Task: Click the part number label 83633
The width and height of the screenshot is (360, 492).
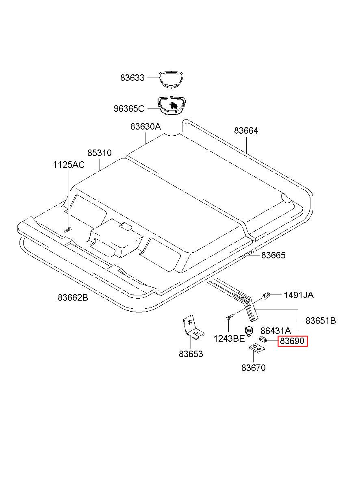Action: point(132,78)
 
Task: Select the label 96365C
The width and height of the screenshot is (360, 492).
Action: point(129,109)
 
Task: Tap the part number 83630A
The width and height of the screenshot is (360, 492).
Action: point(145,127)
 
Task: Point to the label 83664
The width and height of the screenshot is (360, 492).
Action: point(246,131)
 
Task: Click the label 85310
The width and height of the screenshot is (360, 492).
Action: point(99,153)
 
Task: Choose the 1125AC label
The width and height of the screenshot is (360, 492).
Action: point(69,165)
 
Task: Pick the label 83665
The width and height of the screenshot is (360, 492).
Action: point(273,256)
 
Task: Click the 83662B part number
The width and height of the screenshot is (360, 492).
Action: point(73,297)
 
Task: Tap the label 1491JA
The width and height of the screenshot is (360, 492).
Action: point(298,295)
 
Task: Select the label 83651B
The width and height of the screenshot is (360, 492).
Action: point(321,321)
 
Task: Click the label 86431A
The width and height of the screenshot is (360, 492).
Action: point(275,331)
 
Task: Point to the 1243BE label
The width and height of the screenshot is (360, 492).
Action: point(229,339)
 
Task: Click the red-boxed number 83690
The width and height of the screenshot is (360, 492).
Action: point(293,341)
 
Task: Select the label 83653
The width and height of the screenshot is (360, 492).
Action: point(191,354)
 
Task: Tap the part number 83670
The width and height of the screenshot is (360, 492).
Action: point(253,368)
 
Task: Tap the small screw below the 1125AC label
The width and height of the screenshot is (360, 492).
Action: point(68,230)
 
